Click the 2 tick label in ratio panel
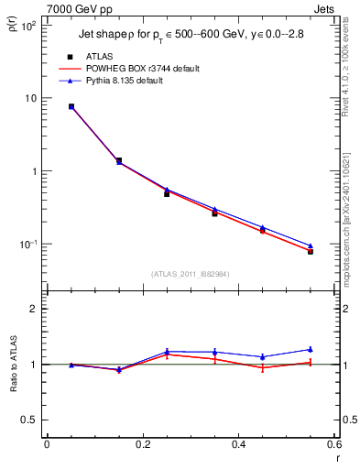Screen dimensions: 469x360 click(34, 309)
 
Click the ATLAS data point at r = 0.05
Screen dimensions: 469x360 click(71, 106)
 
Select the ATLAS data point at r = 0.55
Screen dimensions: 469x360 click(311, 251)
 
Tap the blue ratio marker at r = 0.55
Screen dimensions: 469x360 click(311, 349)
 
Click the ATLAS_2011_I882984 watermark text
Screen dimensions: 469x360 click(191, 274)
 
